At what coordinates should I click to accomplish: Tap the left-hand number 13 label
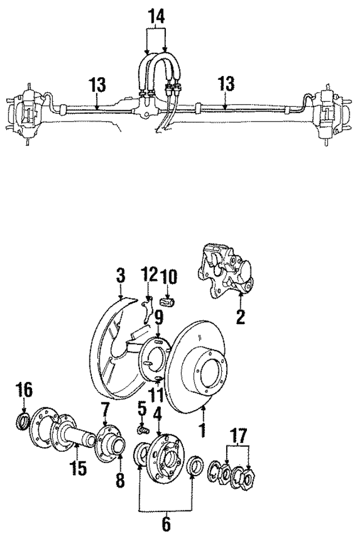click(97, 86)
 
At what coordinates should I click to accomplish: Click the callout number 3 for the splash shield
click(120, 276)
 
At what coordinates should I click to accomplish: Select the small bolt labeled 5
click(143, 430)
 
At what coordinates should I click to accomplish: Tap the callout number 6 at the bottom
click(166, 523)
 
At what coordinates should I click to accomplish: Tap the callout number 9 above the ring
click(159, 319)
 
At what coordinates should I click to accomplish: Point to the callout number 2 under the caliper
click(240, 317)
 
